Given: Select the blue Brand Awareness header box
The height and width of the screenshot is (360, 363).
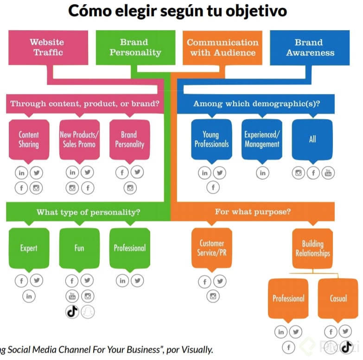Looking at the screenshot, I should pyautogui.click(x=310, y=48).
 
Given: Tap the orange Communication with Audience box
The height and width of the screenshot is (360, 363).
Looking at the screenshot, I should pyautogui.click(x=223, y=48).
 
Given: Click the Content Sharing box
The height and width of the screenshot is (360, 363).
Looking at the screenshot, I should pyautogui.click(x=29, y=139).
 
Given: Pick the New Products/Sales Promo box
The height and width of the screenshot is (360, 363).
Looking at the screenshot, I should pyautogui.click(x=79, y=139).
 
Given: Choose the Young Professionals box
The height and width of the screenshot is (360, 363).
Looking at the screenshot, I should pyautogui.click(x=211, y=139).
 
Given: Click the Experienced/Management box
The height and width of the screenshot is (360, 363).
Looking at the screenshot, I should pyautogui.click(x=262, y=139).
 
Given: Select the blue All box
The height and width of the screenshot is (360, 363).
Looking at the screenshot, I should pyautogui.click(x=312, y=139).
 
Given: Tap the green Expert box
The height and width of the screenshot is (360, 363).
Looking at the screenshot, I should pyautogui.click(x=29, y=248).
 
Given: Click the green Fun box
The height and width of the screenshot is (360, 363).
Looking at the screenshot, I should pyautogui.click(x=79, y=248).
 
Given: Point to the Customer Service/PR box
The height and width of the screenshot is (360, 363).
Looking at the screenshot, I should pyautogui.click(x=212, y=248).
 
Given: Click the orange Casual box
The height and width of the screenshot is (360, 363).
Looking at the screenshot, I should pyautogui.click(x=338, y=298).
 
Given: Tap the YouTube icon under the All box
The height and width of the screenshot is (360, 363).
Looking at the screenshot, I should pyautogui.click(x=328, y=173).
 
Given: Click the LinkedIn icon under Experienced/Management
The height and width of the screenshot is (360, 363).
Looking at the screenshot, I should pyautogui.click(x=262, y=173).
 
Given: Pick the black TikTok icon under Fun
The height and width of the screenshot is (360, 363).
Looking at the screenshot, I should pyautogui.click(x=72, y=311).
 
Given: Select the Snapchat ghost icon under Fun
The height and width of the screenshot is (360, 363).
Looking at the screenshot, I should pyautogui.click(x=87, y=311).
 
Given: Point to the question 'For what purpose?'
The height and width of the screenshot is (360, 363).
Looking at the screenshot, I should pyautogui.click(x=253, y=212).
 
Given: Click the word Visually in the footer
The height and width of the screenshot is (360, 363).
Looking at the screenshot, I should pyautogui.click(x=197, y=349).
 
